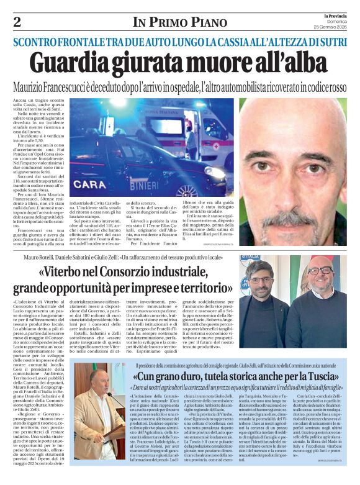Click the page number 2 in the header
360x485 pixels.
[x=17, y=22]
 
